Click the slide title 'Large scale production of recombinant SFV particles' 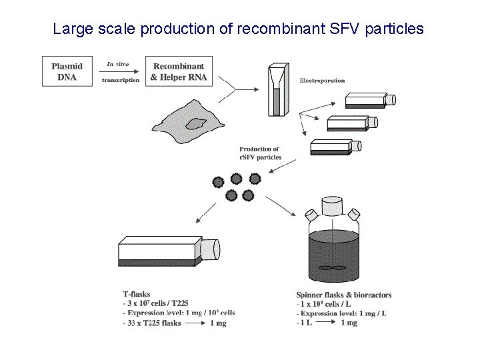click(x=238, y=29)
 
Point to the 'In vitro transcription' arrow click(x=121, y=73)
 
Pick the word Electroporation click(x=322, y=81)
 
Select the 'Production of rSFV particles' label click(x=260, y=153)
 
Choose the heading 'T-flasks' click(x=137, y=294)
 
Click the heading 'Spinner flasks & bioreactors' click(x=343, y=295)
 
